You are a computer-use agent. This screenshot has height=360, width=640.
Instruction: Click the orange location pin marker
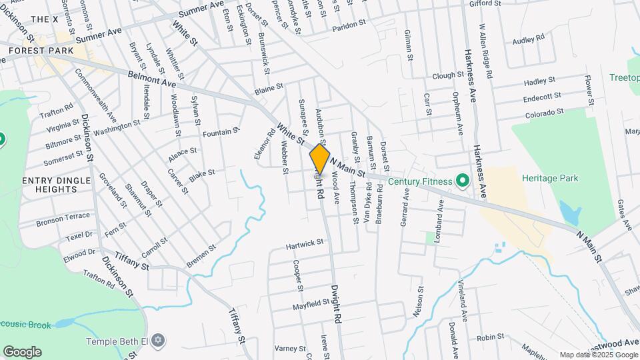tap(320, 159)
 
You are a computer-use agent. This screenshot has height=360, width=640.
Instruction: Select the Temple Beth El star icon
tap(158, 341)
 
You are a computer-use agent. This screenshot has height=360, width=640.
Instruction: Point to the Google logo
tap(22, 351)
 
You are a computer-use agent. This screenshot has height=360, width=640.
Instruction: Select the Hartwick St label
tap(305, 245)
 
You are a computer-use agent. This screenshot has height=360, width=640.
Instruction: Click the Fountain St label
tap(221, 133)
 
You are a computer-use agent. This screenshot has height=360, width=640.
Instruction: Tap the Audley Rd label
tap(529, 41)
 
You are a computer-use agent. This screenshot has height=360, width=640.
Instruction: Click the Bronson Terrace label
tap(63, 217)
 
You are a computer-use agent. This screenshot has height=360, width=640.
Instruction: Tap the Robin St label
tap(489, 337)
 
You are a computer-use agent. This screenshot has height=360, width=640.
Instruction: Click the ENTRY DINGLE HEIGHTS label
tap(49, 185)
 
